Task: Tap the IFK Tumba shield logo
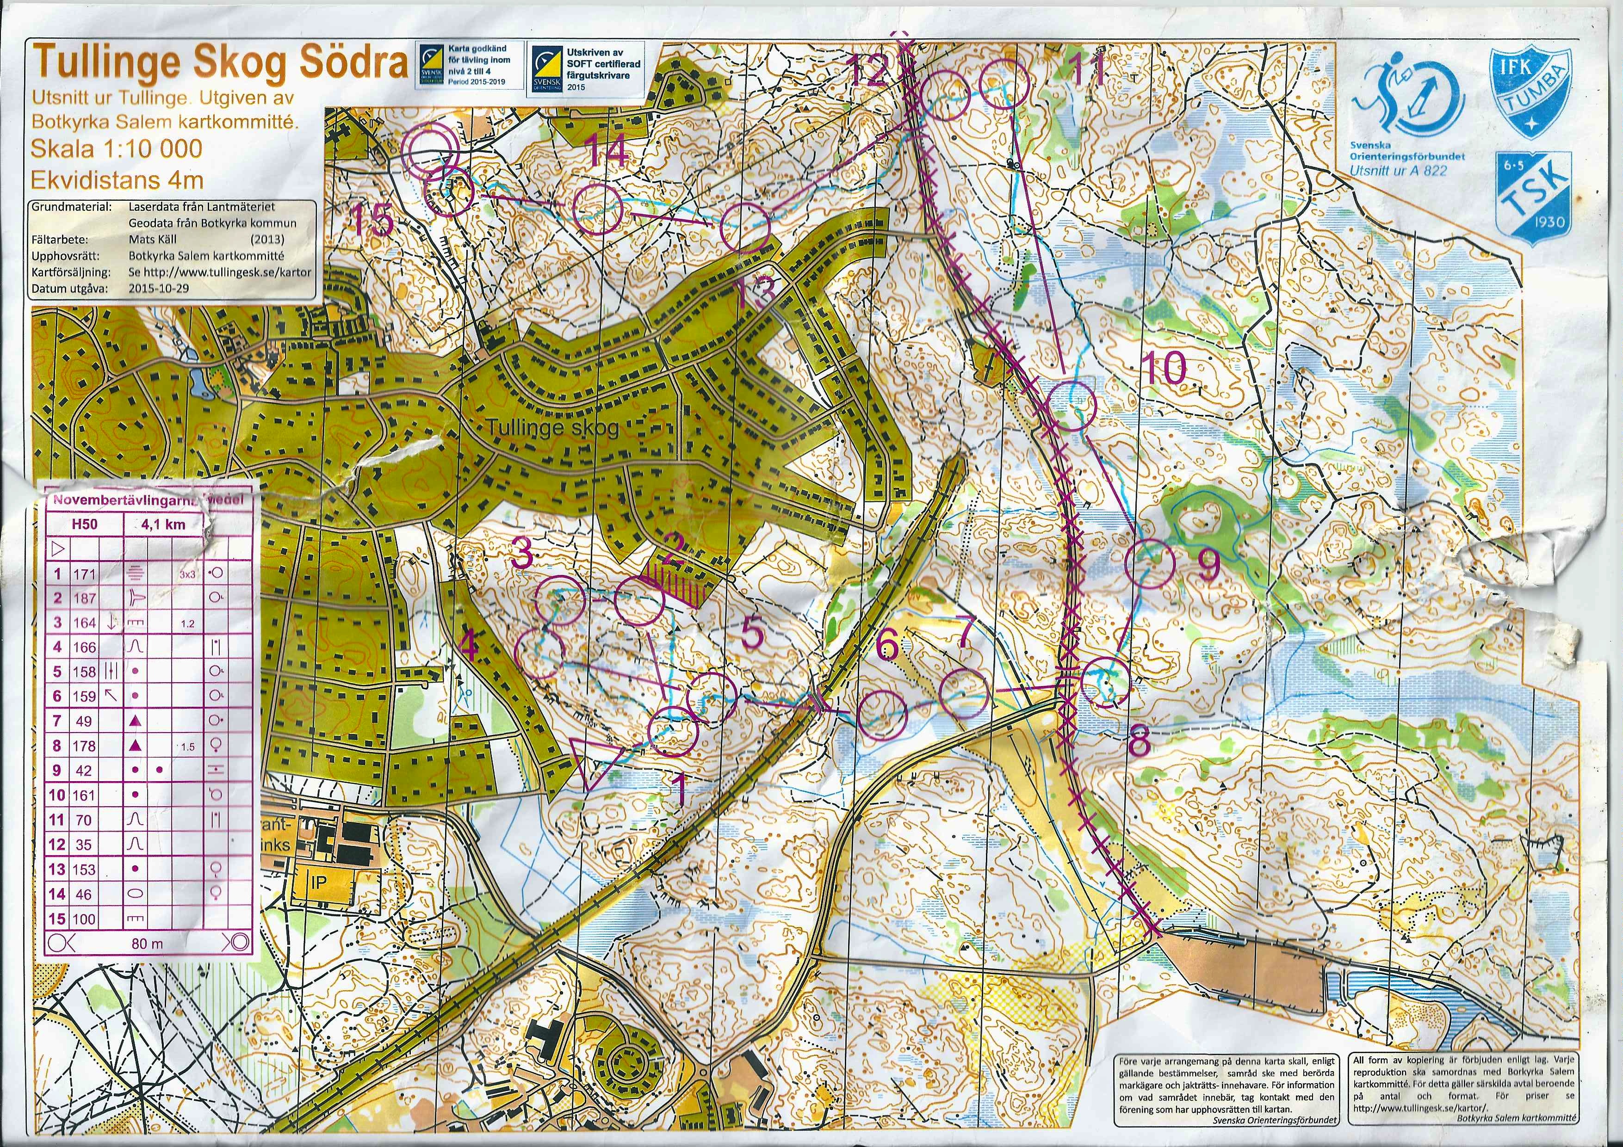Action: pos(1530,92)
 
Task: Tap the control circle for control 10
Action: pos(1070,405)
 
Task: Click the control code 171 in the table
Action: pos(83,574)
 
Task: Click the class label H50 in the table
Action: pos(85,524)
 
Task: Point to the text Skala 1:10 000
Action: pos(117,148)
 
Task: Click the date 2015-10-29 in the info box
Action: pos(160,288)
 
